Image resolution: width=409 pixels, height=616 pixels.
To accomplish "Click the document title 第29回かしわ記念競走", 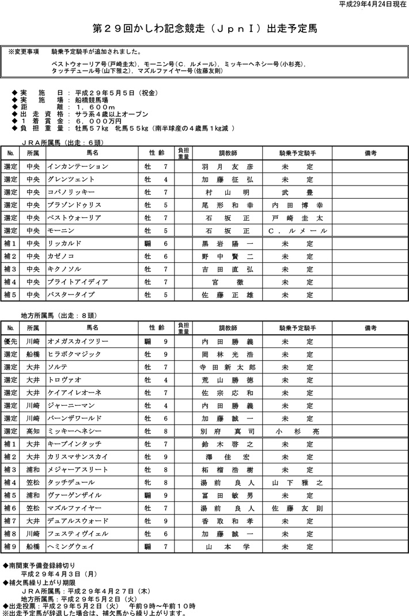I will coord(204,28).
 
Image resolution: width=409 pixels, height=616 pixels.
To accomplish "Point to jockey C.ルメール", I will coord(297,231).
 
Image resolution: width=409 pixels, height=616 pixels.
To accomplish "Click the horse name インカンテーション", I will coord(77,166).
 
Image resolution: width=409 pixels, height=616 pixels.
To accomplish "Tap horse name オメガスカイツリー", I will coord(77,341).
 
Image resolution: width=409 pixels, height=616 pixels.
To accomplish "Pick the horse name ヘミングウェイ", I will coord(71,546).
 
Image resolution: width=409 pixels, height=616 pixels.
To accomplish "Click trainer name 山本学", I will coord(228,546).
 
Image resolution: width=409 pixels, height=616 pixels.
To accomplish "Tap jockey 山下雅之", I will coord(297,482).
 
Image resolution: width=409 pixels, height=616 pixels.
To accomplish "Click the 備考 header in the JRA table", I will coord(370,153).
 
